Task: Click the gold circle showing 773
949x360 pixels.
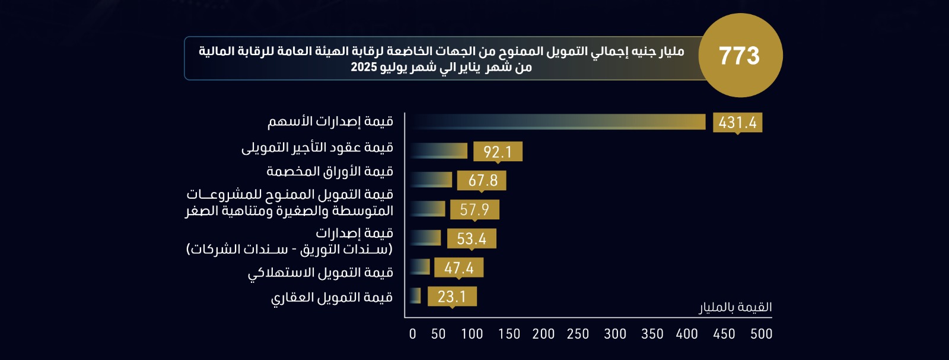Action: (740, 55)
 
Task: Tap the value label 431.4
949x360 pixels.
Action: (737, 123)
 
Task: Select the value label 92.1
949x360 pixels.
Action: (497, 152)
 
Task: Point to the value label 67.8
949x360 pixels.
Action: (482, 180)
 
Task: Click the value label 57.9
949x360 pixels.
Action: (474, 209)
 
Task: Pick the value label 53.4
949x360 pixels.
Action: (472, 238)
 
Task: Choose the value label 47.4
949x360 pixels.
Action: (458, 267)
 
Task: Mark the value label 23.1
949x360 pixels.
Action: (452, 297)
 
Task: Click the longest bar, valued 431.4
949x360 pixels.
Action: (558, 122)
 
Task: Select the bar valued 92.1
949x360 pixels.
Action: (438, 151)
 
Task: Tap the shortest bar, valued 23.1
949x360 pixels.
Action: (415, 295)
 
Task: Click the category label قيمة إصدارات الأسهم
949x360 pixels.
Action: (330, 122)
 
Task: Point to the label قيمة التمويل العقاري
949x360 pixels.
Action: (332, 297)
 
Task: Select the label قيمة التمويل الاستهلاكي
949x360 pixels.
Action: (320, 273)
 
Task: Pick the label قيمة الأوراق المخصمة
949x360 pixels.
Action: (330, 171)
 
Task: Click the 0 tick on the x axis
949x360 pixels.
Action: (413, 334)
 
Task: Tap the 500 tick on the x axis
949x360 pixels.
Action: (761, 334)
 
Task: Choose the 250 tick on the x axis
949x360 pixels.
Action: (578, 334)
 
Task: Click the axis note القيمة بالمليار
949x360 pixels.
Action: (735, 307)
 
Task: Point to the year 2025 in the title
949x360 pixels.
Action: (364, 67)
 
